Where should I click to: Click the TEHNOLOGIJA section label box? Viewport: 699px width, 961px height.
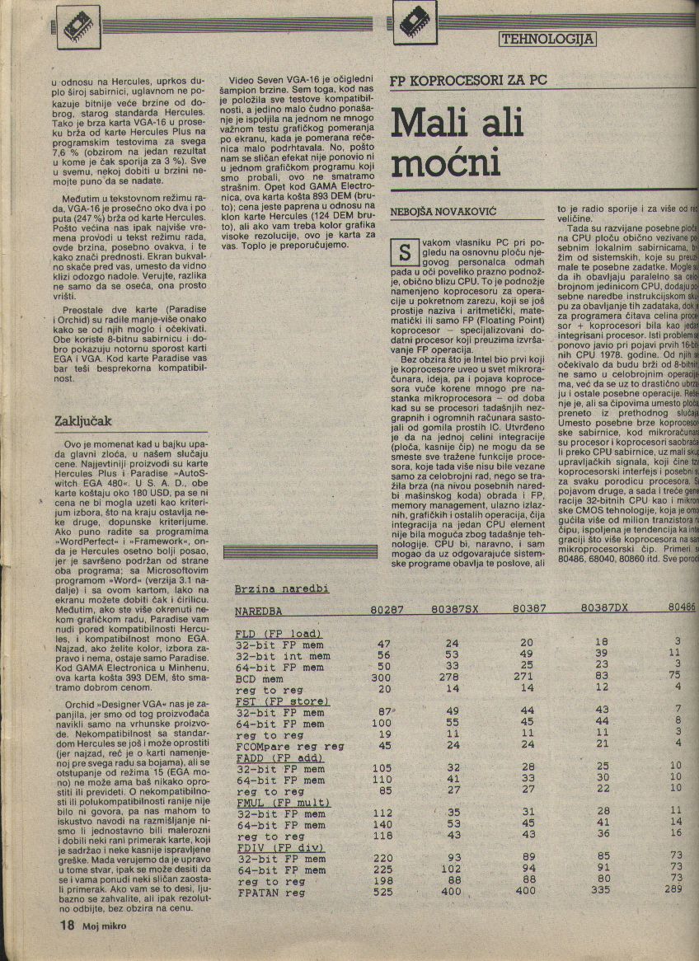[547, 39]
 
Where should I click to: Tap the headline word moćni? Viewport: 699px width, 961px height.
[446, 163]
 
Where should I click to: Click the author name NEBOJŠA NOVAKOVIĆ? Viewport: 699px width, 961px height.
[443, 212]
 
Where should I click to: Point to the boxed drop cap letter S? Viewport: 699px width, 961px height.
[403, 250]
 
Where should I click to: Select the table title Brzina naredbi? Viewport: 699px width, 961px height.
[282, 588]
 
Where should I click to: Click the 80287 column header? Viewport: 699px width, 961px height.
[387, 611]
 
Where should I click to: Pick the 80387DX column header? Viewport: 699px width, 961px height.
[604, 608]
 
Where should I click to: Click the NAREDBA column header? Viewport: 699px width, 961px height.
[259, 612]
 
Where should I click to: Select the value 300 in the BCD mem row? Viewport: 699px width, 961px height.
[383, 675]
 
